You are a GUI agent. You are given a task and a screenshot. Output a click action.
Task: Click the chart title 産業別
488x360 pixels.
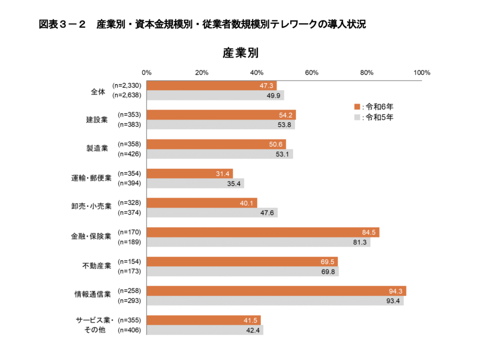[241, 53]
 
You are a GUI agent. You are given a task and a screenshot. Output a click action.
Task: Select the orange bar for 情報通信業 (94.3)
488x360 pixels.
[276, 291]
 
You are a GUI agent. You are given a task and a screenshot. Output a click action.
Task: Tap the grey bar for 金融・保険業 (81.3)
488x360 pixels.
[258, 242]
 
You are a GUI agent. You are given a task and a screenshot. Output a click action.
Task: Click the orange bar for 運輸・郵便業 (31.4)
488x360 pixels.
[189, 173]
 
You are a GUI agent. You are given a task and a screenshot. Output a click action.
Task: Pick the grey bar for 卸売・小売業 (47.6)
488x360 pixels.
[212, 212]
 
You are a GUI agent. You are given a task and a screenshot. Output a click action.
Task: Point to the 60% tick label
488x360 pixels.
[312, 73]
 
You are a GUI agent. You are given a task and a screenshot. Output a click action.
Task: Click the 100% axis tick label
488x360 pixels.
[422, 73]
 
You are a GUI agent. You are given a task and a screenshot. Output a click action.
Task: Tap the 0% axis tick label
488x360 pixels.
[147, 73]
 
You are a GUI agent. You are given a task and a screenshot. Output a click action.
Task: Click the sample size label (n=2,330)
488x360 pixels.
[127, 86]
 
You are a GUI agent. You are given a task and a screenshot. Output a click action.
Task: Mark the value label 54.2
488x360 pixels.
[286, 115]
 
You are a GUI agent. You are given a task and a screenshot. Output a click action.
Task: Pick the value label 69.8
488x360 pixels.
[329, 271]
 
